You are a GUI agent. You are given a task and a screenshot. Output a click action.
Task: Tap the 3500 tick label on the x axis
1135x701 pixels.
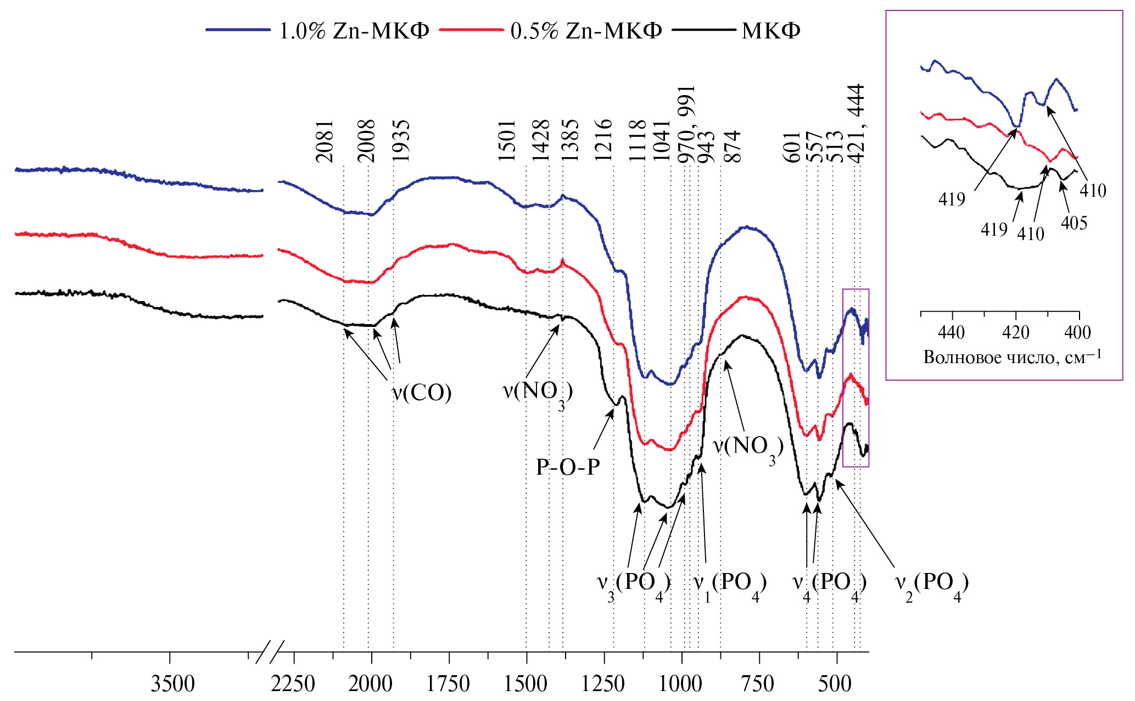[173, 684]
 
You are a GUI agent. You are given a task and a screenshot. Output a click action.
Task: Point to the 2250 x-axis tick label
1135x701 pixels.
[293, 684]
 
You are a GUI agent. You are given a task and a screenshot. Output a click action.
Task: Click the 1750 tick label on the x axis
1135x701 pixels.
[448, 684]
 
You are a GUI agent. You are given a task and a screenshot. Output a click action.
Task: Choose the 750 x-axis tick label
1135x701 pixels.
[758, 684]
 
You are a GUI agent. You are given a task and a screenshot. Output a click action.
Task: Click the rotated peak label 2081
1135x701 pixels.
[325, 141]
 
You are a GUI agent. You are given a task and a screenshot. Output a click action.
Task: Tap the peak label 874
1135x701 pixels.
[733, 146]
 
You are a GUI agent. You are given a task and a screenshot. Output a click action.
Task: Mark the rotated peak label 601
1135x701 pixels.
[792, 147]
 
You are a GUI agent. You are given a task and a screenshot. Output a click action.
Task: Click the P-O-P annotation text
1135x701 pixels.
[568, 467]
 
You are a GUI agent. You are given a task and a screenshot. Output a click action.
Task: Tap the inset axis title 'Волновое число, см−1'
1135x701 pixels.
[1012, 357]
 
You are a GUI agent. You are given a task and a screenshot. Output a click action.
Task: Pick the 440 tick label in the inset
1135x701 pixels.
[952, 332]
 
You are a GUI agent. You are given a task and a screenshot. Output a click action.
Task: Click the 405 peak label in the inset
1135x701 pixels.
[1074, 223]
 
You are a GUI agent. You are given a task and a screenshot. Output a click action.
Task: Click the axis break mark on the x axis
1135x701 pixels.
[270, 652]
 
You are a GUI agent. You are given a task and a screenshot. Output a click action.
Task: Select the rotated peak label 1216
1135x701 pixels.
[604, 140]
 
